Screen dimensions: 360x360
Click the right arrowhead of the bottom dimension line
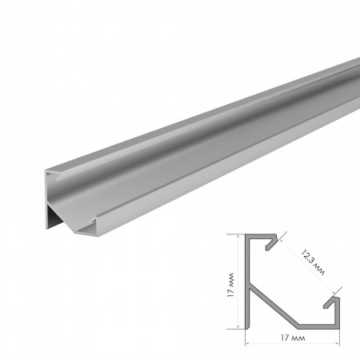pos(338,339)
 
